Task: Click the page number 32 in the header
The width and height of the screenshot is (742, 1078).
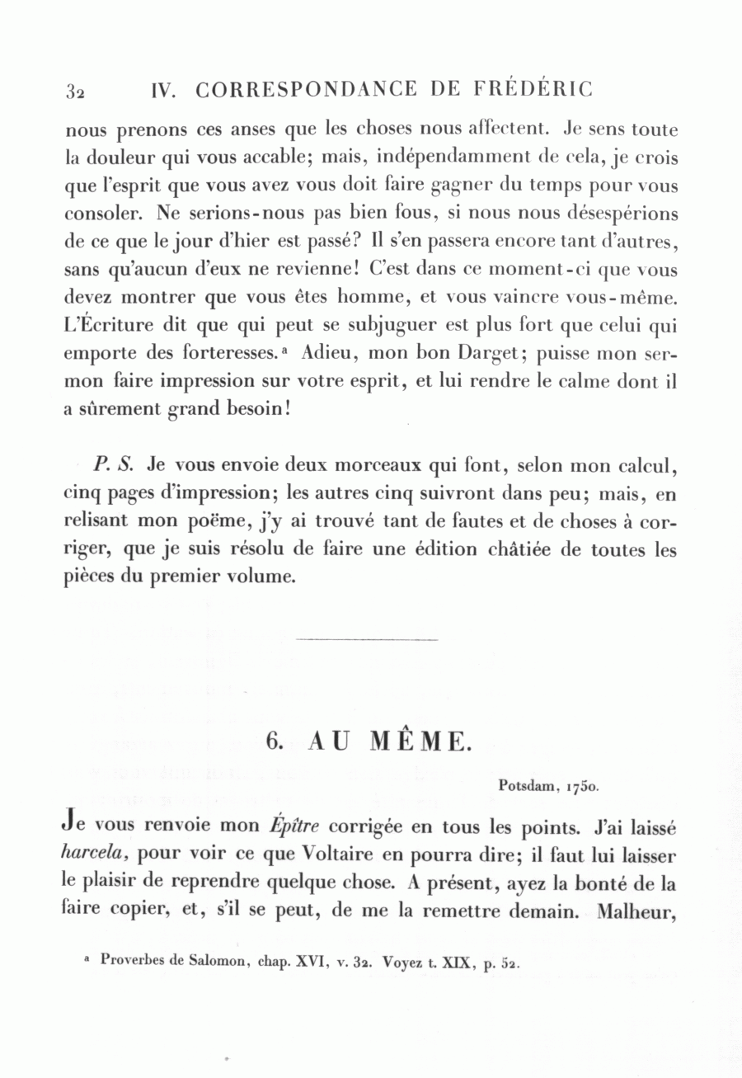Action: pos(75,91)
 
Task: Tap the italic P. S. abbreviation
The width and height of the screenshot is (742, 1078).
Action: pos(114,464)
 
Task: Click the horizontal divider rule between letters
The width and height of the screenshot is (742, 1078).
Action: pos(366,638)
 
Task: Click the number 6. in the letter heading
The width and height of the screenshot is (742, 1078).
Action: pos(275,741)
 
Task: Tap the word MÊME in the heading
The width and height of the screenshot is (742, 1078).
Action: pos(418,741)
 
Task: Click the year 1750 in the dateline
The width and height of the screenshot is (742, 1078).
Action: pos(582,786)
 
